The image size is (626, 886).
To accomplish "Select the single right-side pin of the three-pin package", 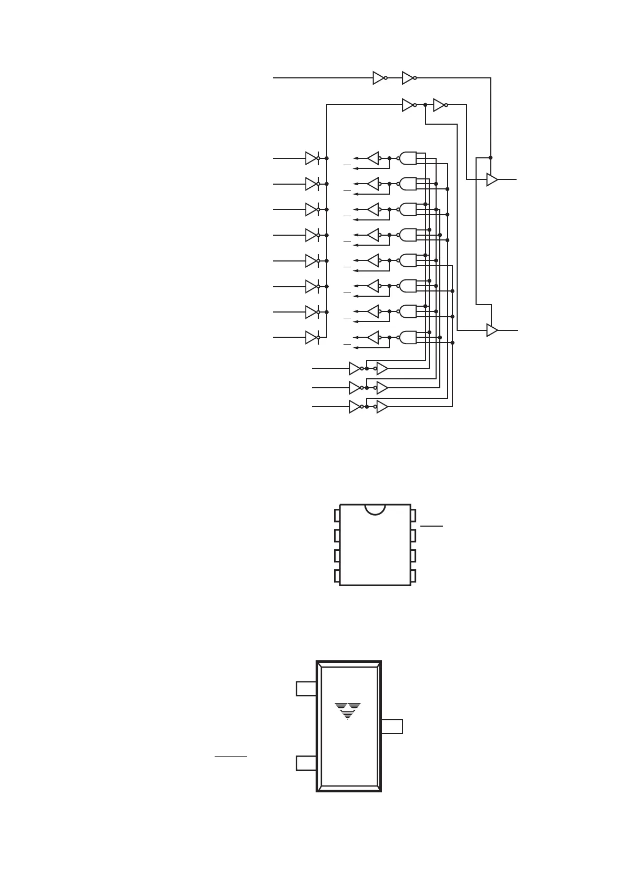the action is pos(392,726).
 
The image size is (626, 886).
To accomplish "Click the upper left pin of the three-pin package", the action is pos(306,688).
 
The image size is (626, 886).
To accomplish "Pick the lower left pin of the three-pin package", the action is pos(306,763).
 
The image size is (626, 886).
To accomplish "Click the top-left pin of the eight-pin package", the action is pos(337,515).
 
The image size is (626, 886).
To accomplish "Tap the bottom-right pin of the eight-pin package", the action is pos(413,576).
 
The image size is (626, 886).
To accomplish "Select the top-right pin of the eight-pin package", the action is pos(413,515).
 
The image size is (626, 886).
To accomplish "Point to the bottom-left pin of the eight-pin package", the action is pos(337,576).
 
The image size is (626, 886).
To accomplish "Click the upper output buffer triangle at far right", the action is pos(492,179).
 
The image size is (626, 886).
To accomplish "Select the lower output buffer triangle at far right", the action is pos(492,330).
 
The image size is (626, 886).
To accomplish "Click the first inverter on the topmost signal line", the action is pos(379,78).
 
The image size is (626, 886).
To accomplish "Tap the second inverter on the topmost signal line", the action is pos(408,78).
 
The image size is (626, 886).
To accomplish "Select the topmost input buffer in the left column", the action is pos(311,158).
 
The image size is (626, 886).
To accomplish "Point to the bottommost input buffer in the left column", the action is pos(311,337).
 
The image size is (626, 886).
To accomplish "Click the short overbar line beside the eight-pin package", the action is pos(432,526).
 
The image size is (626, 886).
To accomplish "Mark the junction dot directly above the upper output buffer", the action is pos(490,158).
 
